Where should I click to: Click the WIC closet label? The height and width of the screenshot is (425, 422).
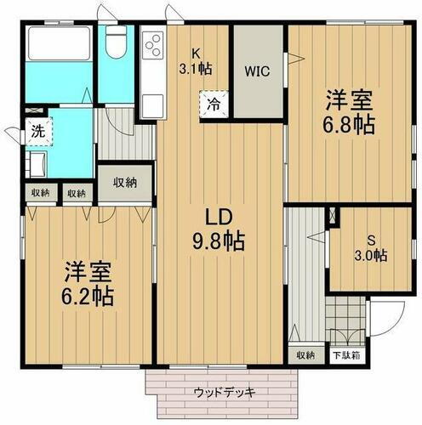click(x=257, y=71)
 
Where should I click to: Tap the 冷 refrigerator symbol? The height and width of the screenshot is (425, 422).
click(x=211, y=106)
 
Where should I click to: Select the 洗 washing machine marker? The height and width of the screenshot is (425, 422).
click(x=37, y=132)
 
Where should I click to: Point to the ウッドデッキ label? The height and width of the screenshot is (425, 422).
click(x=225, y=392)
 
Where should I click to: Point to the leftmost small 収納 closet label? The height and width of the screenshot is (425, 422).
click(x=40, y=193)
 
